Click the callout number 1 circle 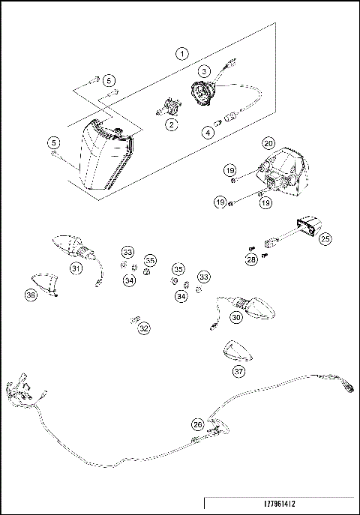[181, 53]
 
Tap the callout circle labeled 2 [172, 124]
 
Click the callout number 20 [268, 142]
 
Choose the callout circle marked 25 [325, 239]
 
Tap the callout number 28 [252, 259]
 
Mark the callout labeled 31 [76, 268]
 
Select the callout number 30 [235, 316]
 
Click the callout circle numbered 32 [144, 328]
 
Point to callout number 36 [31, 295]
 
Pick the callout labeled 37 [238, 370]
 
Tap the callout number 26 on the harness [198, 424]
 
